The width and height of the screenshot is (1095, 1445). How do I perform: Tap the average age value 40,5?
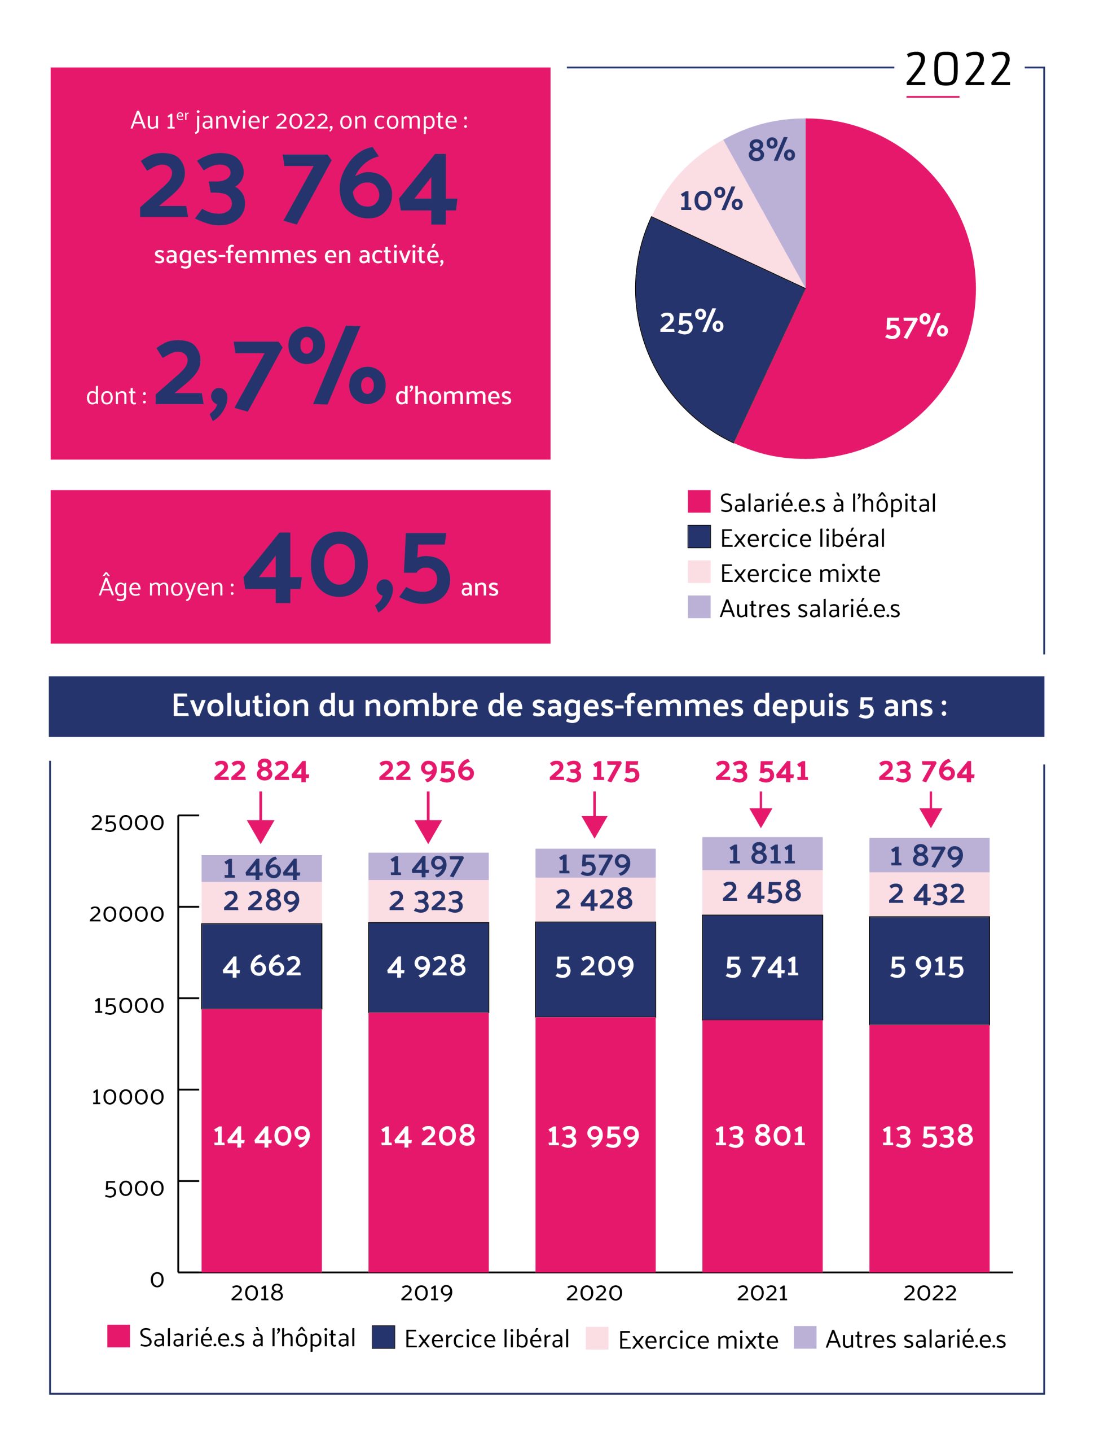[x=347, y=568]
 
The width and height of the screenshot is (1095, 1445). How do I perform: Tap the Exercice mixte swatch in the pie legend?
[x=698, y=572]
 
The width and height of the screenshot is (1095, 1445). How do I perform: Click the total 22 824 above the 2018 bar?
[x=261, y=771]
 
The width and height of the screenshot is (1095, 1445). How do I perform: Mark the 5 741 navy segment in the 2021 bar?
[x=762, y=967]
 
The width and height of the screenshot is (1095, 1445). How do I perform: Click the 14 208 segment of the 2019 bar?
[x=428, y=1136]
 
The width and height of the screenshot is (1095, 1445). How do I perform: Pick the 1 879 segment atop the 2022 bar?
[x=929, y=855]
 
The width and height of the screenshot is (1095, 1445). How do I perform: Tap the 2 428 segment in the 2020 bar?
[x=594, y=899]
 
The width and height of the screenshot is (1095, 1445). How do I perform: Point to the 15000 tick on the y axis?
[x=128, y=1005]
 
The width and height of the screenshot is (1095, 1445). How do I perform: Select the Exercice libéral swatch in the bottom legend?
[x=383, y=1337]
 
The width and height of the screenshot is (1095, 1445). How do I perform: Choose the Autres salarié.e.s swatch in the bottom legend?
[x=804, y=1337]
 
